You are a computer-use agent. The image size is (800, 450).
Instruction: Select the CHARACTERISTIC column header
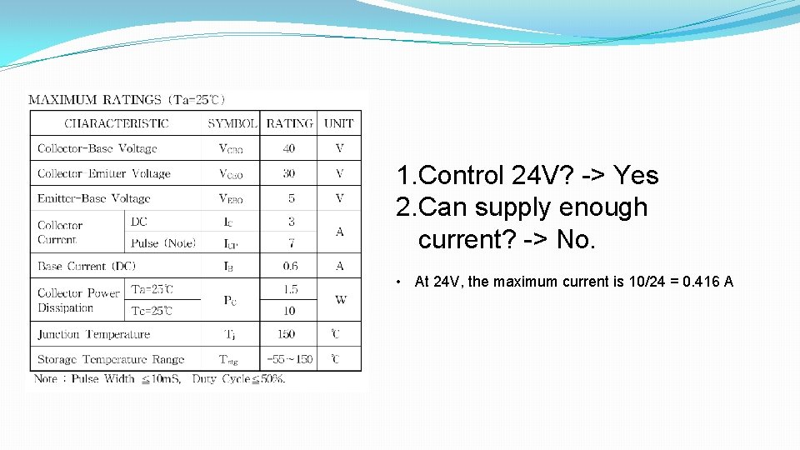117,123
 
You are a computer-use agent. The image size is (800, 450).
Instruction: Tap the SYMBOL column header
232,123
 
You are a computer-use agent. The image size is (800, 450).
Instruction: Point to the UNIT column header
338,123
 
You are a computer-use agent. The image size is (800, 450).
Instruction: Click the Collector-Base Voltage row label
97,148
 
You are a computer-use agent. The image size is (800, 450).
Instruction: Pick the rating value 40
289,148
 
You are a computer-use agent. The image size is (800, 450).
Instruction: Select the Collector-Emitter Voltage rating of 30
289,173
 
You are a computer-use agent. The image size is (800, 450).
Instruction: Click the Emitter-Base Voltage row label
94,198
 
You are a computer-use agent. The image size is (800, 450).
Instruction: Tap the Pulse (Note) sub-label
163,243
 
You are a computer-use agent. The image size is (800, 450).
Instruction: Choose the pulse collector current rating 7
291,243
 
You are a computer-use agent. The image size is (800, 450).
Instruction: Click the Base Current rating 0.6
289,266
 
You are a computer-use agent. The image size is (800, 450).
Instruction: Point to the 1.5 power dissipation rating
289,289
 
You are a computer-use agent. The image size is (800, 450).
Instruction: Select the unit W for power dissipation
340,300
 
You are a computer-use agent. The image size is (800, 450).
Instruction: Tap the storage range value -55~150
289,359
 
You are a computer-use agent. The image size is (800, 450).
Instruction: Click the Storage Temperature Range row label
111,359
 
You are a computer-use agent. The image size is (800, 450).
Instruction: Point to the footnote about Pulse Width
159,379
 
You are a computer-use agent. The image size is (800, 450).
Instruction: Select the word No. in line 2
577,240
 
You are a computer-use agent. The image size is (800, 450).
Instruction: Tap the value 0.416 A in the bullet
707,282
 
